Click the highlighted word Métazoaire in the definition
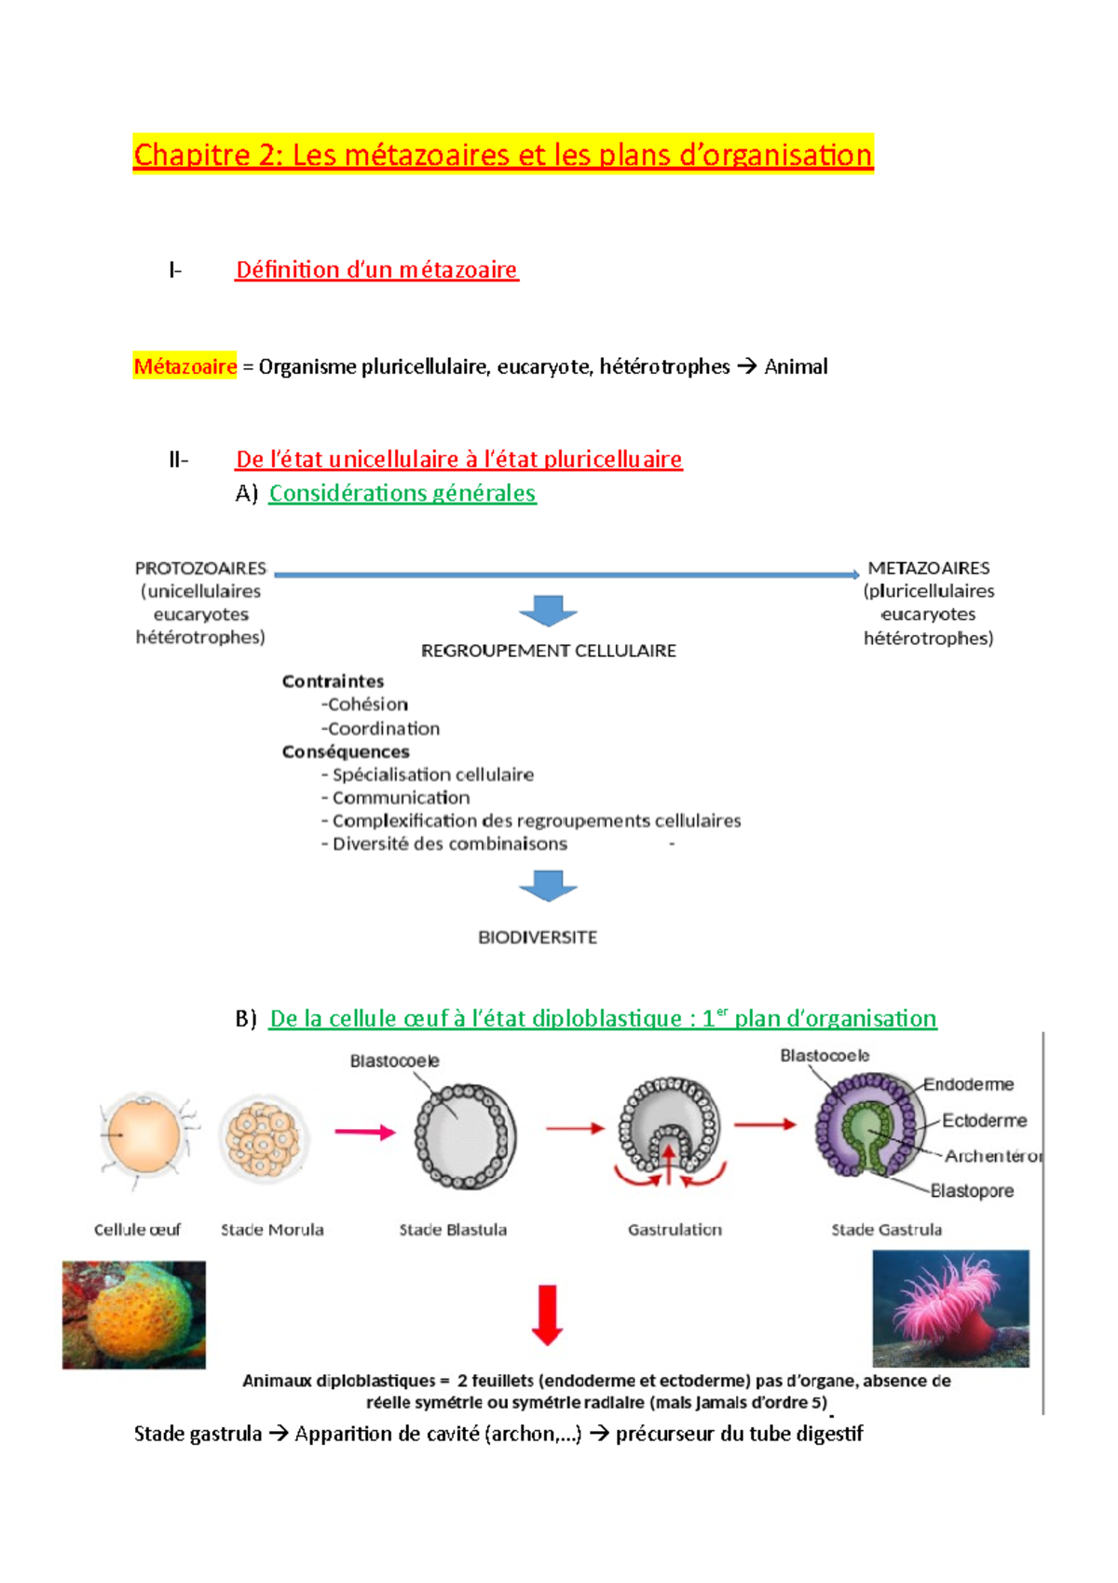[184, 366]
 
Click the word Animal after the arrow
[796, 366]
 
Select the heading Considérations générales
[402, 493]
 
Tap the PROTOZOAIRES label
[200, 568]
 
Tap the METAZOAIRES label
[928, 568]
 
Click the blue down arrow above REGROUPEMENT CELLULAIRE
[548, 611]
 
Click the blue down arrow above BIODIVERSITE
[548, 886]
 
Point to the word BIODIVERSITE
[538, 937]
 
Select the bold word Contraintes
[333, 681]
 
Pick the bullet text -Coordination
[381, 728]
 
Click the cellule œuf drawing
[143, 1137]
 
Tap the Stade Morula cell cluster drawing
[264, 1138]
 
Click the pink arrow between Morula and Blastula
[365, 1132]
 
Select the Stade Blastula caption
[453, 1230]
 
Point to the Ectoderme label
[984, 1120]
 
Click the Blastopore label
[972, 1191]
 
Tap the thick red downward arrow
[548, 1315]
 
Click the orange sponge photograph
[134, 1315]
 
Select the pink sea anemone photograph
[950, 1308]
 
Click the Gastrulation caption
[675, 1230]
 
